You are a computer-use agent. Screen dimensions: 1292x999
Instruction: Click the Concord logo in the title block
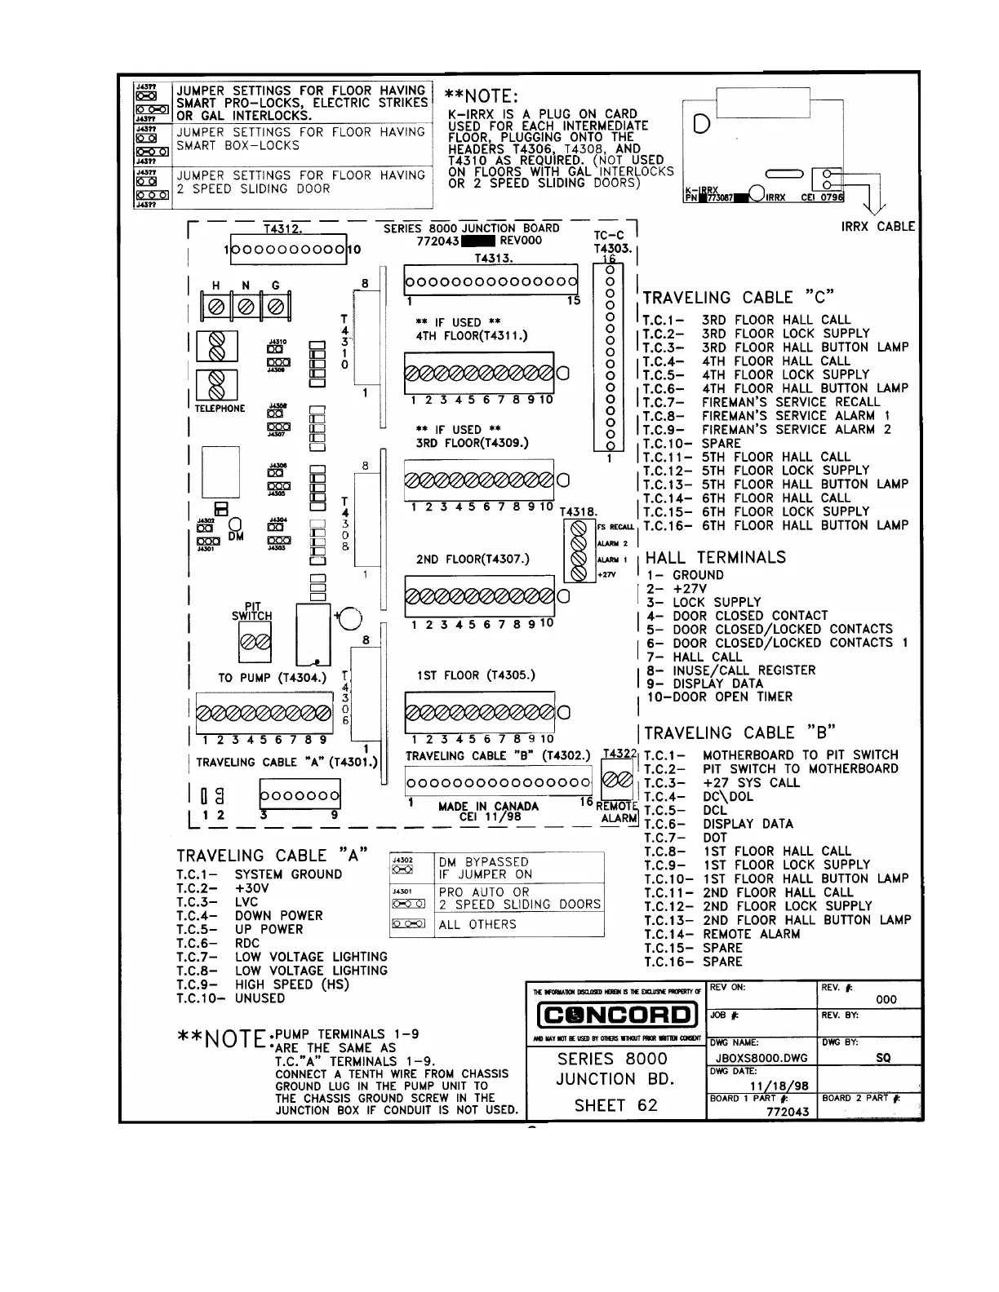click(x=616, y=1015)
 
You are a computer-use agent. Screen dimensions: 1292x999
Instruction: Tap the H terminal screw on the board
click(x=217, y=307)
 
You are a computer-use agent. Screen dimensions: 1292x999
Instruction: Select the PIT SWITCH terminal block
click(x=252, y=647)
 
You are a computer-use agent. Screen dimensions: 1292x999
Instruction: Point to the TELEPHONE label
click(x=220, y=409)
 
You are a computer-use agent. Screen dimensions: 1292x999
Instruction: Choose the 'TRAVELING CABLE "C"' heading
click(x=739, y=298)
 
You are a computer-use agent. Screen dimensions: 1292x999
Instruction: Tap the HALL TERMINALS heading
click(x=716, y=558)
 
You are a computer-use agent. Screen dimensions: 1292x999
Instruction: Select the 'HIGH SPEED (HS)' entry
click(x=291, y=984)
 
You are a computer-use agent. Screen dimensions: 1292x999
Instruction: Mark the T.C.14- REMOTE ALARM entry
click(x=721, y=934)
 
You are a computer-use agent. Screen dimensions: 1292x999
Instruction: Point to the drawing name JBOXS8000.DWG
click(x=759, y=1058)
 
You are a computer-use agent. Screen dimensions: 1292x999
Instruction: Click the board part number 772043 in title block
click(x=788, y=1112)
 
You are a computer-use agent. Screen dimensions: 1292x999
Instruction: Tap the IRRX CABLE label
click(x=878, y=227)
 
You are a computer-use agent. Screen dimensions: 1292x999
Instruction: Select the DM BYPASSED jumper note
click(x=483, y=868)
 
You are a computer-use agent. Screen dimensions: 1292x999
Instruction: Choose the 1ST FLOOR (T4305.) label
click(x=476, y=675)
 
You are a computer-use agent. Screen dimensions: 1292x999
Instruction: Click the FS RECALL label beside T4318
click(x=615, y=528)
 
